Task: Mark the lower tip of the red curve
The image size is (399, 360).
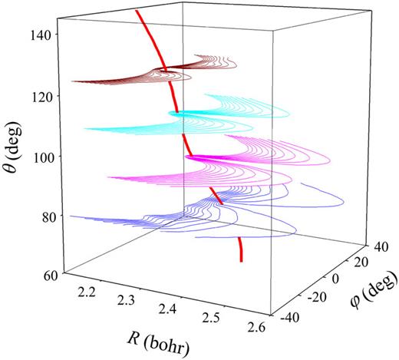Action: pyautogui.click(x=242, y=261)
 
